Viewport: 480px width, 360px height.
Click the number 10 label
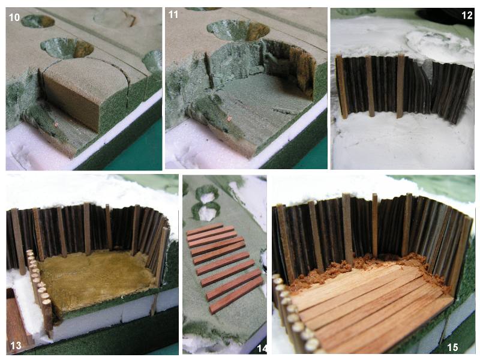coord(14,17)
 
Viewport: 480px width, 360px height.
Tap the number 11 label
coord(173,14)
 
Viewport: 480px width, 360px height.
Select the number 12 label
coord(467,15)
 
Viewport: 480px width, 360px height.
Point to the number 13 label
coord(16,346)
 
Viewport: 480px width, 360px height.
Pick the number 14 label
coord(262,349)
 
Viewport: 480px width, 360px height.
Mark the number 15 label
coord(452,347)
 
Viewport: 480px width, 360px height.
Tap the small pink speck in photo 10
coord(56,124)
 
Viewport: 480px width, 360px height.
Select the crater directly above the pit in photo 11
coord(238,31)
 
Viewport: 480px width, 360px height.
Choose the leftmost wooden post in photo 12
coord(341,87)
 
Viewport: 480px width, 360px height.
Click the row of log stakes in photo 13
coord(39,291)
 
